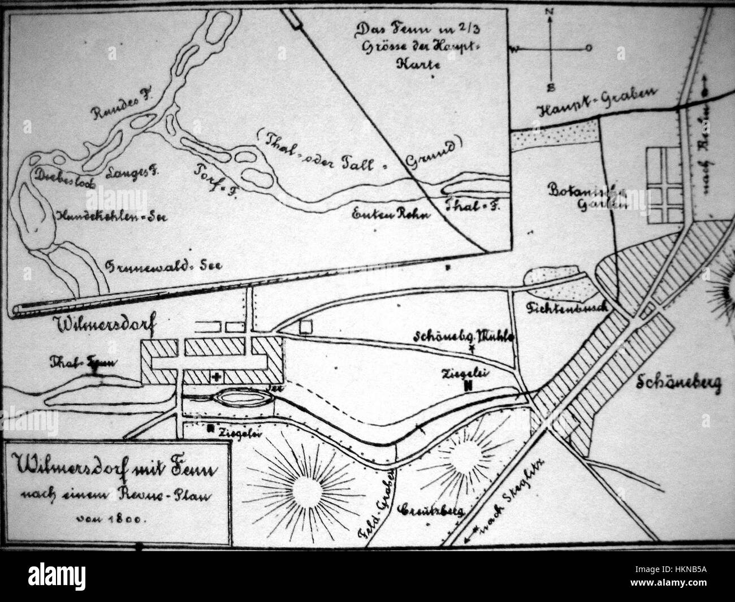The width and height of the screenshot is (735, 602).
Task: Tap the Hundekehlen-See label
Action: [x=107, y=216]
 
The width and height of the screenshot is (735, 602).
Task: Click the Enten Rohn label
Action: [x=391, y=215]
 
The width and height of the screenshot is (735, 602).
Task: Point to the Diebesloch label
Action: [x=60, y=175]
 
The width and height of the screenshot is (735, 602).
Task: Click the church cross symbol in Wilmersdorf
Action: [x=217, y=376]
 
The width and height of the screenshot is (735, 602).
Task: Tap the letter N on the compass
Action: [x=548, y=10]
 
